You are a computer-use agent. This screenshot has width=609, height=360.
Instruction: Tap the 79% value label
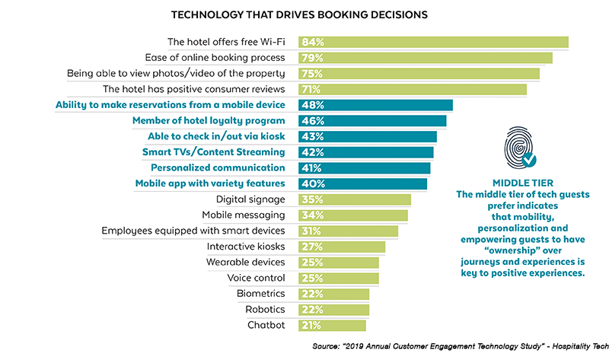point(312,58)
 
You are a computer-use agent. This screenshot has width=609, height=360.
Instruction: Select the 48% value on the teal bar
point(312,105)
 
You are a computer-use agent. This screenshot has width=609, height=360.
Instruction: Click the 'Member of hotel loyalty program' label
point(209,121)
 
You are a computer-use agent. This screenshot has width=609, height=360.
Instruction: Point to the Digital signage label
point(250,199)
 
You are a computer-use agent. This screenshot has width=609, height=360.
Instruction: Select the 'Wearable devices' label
point(246,263)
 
